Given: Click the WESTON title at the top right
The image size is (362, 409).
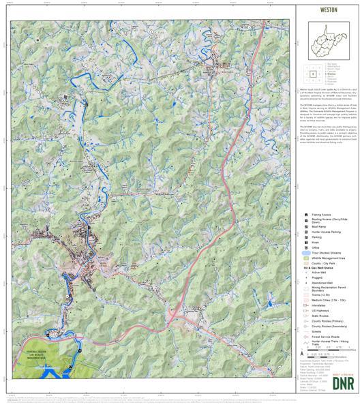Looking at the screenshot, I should pos(329,11).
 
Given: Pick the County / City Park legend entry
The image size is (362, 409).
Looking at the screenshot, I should pos(305,264).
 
